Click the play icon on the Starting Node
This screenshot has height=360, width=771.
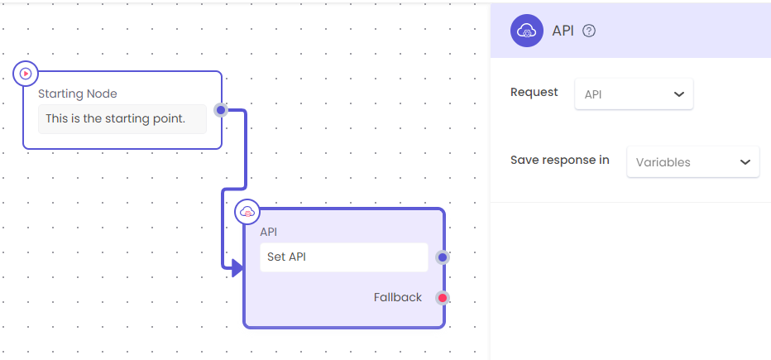26,74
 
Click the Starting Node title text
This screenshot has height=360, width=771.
78,94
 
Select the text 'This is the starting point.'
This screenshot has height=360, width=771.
116,118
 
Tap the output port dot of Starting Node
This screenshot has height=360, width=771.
221,110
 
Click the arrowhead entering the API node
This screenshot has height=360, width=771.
237,268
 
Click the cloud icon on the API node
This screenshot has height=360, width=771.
247,212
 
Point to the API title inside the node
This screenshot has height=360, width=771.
269,232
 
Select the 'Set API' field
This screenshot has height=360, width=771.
343,257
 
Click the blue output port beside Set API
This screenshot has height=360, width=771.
443,257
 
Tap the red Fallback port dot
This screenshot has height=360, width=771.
443,298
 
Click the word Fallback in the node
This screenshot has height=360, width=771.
398,298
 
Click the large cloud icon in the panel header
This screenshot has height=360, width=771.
527,31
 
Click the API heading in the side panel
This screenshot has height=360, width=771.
563,31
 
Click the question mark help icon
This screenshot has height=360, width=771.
589,31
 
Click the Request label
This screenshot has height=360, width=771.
534,93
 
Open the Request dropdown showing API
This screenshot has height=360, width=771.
634,94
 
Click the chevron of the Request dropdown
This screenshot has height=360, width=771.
679,94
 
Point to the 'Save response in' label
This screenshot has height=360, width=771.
560,160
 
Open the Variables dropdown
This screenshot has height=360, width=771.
692,162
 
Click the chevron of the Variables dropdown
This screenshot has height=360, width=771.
745,162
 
